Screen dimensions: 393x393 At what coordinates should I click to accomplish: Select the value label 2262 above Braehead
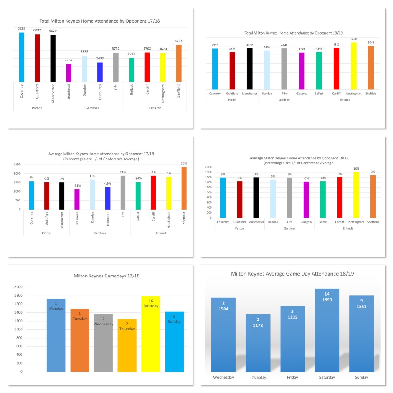click(69, 60)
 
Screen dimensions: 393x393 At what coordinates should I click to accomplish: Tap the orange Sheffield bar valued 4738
click(179, 63)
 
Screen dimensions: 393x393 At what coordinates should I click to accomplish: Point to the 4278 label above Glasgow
click(301, 48)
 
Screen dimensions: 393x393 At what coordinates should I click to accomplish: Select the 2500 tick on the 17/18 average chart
click(17, 164)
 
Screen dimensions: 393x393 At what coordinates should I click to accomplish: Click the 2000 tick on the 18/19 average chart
click(208, 167)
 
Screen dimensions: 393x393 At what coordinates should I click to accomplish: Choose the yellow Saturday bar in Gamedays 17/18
click(150, 334)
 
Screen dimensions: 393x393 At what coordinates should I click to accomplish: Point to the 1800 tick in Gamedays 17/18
click(18, 296)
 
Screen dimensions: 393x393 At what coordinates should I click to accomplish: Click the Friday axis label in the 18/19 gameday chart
click(292, 377)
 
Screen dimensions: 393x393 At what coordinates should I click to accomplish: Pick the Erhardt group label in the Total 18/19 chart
click(345, 99)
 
